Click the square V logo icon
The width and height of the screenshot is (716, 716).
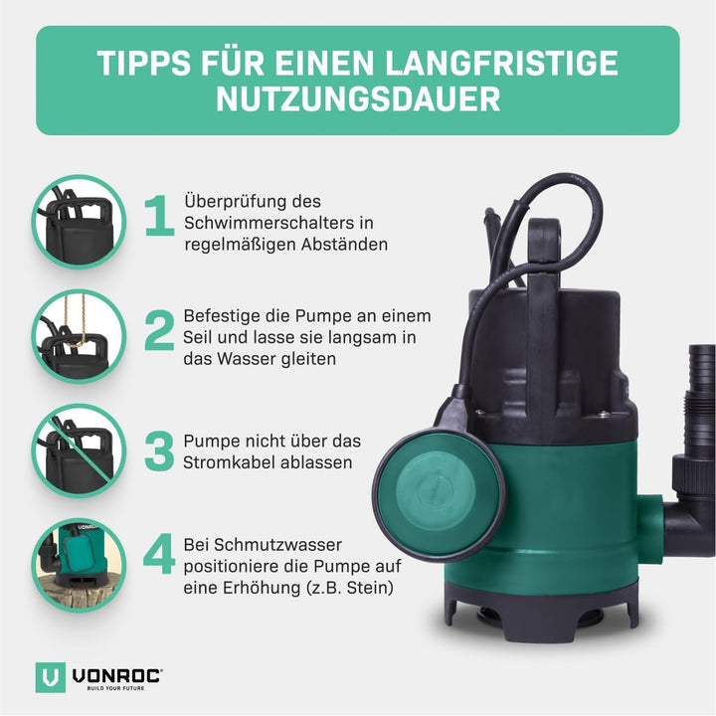[x=50, y=678]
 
